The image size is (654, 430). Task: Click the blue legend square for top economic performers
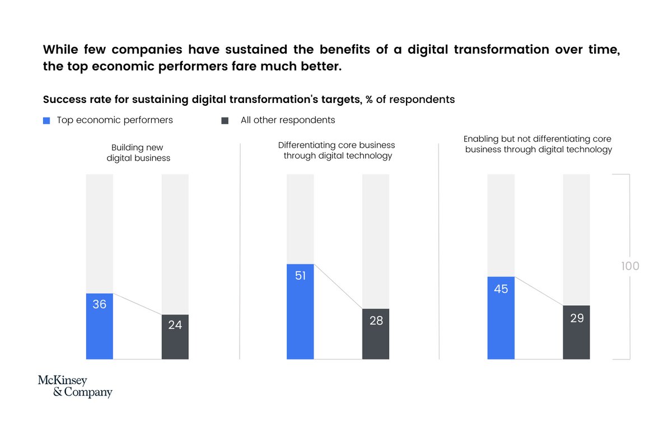pos(46,120)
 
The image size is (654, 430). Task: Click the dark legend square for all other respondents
pos(225,120)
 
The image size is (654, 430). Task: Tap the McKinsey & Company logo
pos(75,386)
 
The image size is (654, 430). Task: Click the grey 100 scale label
pos(630,266)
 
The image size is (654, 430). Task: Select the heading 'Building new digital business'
pos(138,153)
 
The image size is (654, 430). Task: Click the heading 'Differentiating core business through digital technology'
pos(337,150)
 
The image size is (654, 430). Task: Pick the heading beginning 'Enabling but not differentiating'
pos(538,144)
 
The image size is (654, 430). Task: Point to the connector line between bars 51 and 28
pos(338,286)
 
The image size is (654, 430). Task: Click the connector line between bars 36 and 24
pos(138,304)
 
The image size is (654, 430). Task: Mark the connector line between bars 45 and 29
pos(539,291)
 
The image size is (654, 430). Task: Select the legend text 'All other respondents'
pos(288,120)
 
